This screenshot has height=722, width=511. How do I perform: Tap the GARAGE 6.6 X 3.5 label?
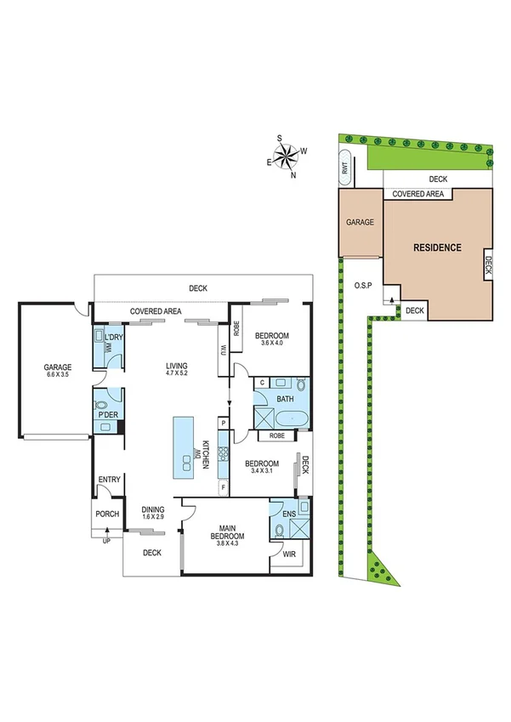59,372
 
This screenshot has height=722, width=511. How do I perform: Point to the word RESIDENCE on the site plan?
437,248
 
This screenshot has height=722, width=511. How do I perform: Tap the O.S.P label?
363,287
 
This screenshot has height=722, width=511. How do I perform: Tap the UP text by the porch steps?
106,541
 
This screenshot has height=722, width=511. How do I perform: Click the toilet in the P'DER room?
102,406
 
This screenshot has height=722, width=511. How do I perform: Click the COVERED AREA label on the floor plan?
156,312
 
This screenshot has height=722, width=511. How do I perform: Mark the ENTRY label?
110,480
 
